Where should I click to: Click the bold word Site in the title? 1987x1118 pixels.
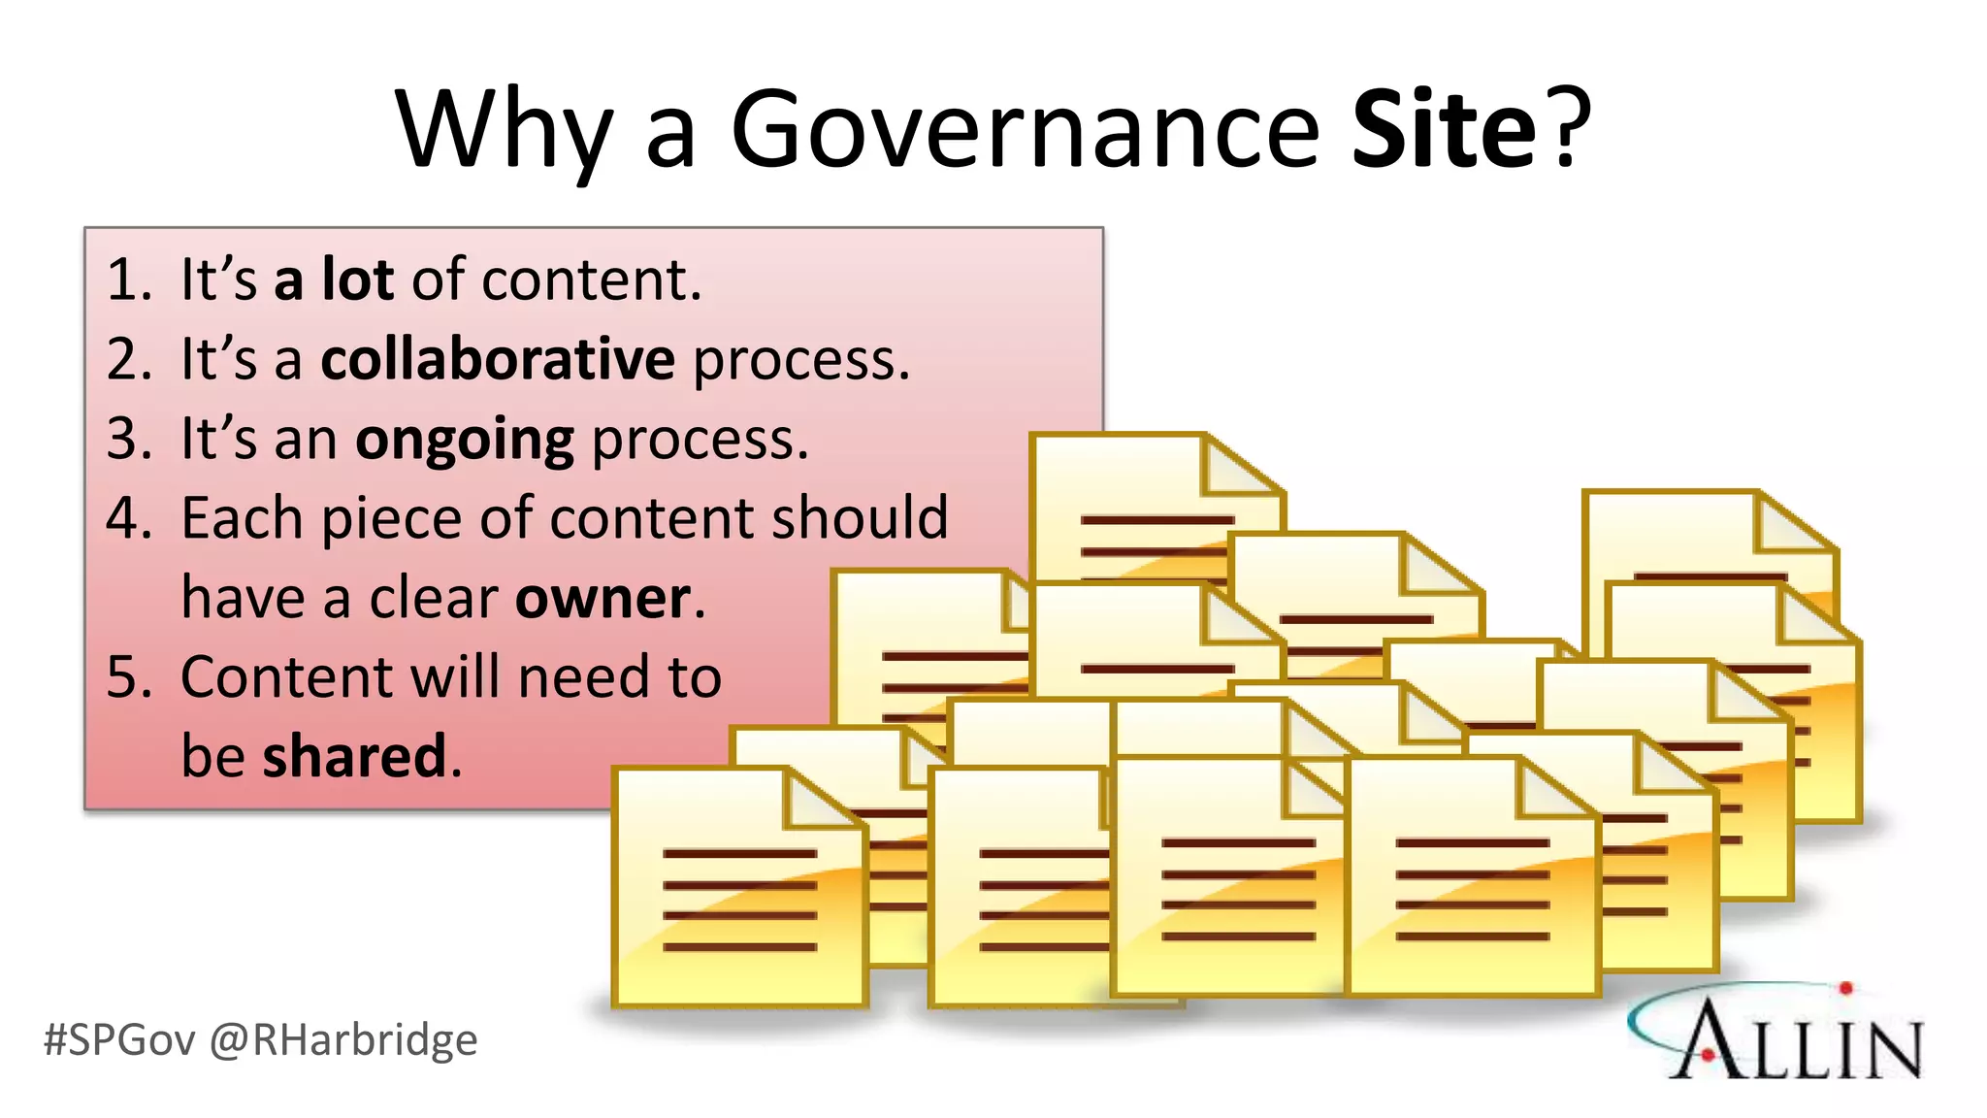tap(1445, 130)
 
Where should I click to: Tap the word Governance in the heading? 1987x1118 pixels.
tap(1025, 130)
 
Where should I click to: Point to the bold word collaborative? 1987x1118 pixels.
tap(498, 359)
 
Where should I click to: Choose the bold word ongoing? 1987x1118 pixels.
tap(465, 441)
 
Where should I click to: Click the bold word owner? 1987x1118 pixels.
tap(603, 598)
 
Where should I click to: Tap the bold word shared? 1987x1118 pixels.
tap(355, 756)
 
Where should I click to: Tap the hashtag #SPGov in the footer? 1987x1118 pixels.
tap(119, 1040)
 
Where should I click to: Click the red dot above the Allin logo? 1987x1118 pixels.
tap(1845, 989)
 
